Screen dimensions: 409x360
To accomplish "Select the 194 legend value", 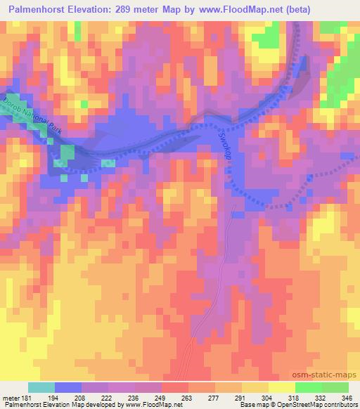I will pos(55,398).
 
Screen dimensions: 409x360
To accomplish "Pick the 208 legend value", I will pos(82,398).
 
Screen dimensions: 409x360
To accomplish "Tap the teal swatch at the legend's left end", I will pos(41,387).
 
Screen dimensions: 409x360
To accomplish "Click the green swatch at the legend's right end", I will pos(335,387).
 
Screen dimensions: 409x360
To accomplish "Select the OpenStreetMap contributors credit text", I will pos(316,405).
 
